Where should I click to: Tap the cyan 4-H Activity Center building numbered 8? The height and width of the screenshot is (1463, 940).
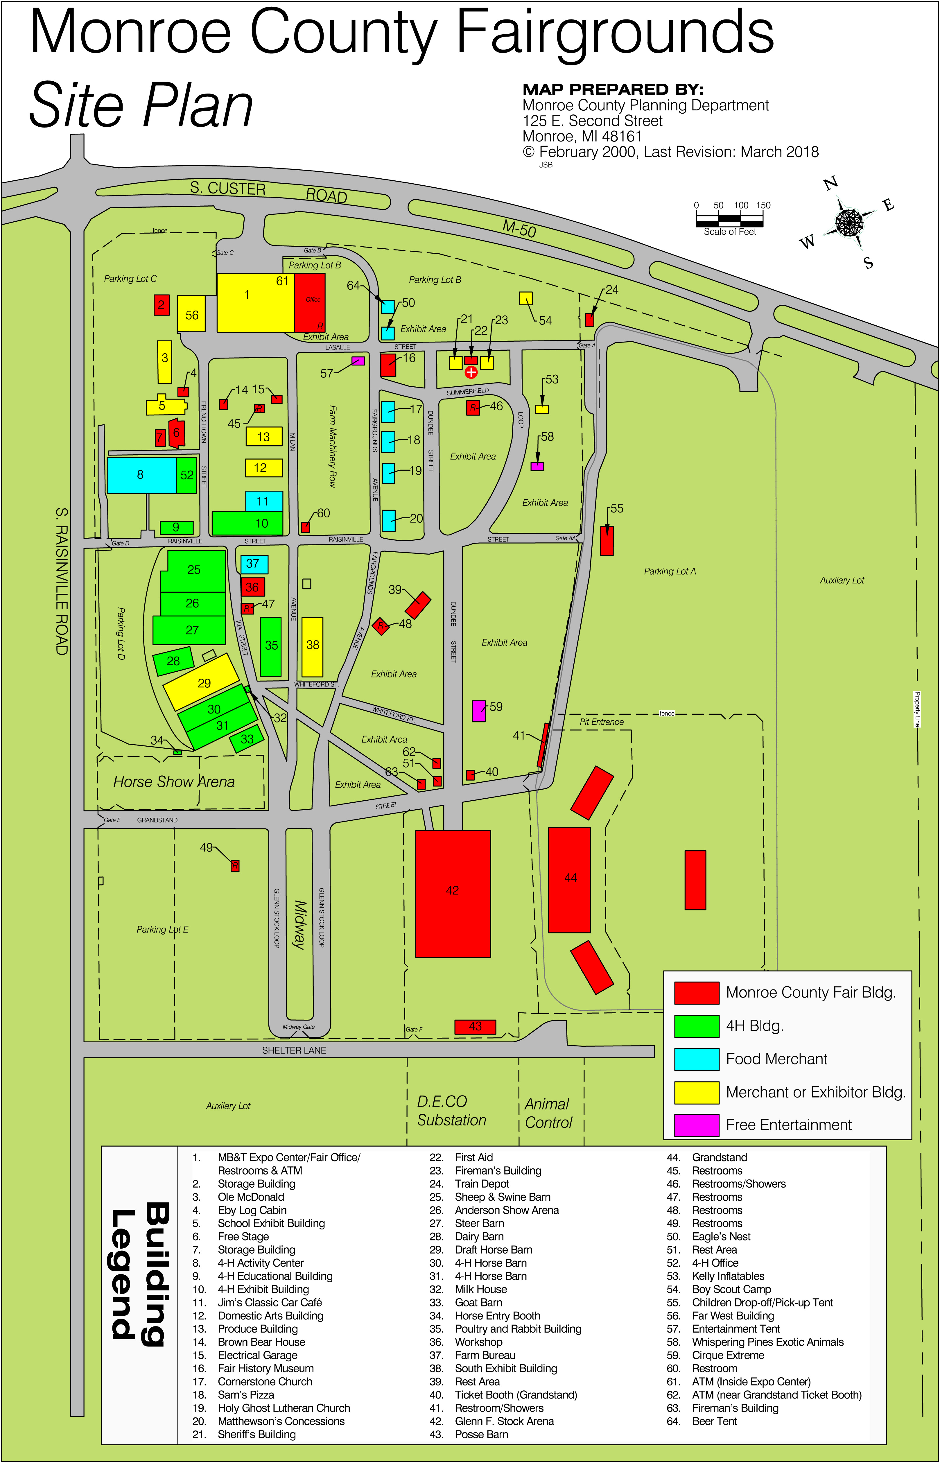[141, 475]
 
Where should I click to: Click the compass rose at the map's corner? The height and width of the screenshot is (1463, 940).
[848, 221]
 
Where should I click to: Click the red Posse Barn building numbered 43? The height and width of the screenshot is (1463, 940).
[475, 1027]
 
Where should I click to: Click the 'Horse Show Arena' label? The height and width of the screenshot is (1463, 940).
[174, 782]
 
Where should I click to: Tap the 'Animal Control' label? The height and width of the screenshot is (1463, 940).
[548, 1113]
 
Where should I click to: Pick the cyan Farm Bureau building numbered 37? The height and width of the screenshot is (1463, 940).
[254, 564]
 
